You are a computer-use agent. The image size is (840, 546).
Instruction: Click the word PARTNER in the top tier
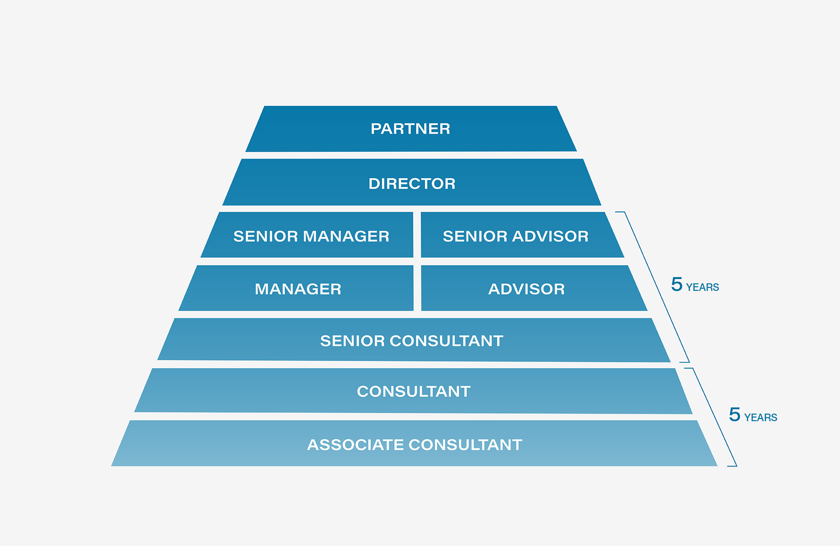click(410, 129)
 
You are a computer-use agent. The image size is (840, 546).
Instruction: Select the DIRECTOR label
click(412, 184)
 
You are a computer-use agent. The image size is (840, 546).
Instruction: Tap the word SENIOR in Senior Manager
click(265, 236)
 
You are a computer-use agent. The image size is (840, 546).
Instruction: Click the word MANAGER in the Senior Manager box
click(346, 236)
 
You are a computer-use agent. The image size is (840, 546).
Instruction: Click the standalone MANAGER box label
click(298, 289)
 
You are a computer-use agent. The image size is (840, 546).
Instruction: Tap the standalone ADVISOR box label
click(527, 289)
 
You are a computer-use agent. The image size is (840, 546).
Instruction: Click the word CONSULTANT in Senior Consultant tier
click(446, 341)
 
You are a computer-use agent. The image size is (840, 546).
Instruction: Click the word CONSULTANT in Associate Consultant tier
click(465, 445)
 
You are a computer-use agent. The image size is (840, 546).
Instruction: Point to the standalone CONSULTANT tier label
click(414, 391)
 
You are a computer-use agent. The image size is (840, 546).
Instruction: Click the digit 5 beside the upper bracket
click(677, 284)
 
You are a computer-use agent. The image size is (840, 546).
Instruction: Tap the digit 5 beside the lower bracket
click(735, 414)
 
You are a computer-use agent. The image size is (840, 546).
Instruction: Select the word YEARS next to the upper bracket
click(703, 288)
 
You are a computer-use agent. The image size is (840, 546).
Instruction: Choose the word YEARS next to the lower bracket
click(761, 418)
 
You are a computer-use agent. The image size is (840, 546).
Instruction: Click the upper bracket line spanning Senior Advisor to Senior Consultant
click(657, 287)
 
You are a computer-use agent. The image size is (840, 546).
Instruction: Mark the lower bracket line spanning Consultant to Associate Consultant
click(715, 417)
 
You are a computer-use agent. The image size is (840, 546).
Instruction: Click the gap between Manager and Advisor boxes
click(417, 288)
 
